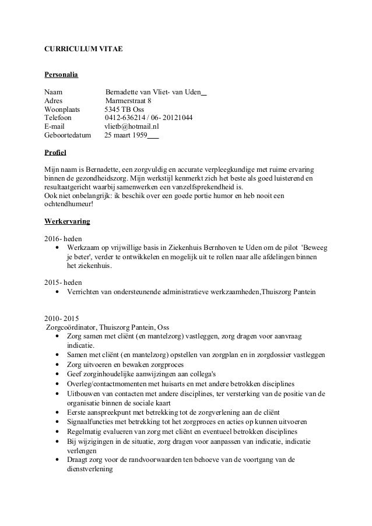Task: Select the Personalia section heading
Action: click(61, 75)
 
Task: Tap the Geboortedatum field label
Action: click(68, 136)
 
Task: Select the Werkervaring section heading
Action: click(66, 222)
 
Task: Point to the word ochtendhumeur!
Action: click(68, 204)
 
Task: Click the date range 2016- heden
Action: click(63, 239)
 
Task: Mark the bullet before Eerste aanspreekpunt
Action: click(57, 412)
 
